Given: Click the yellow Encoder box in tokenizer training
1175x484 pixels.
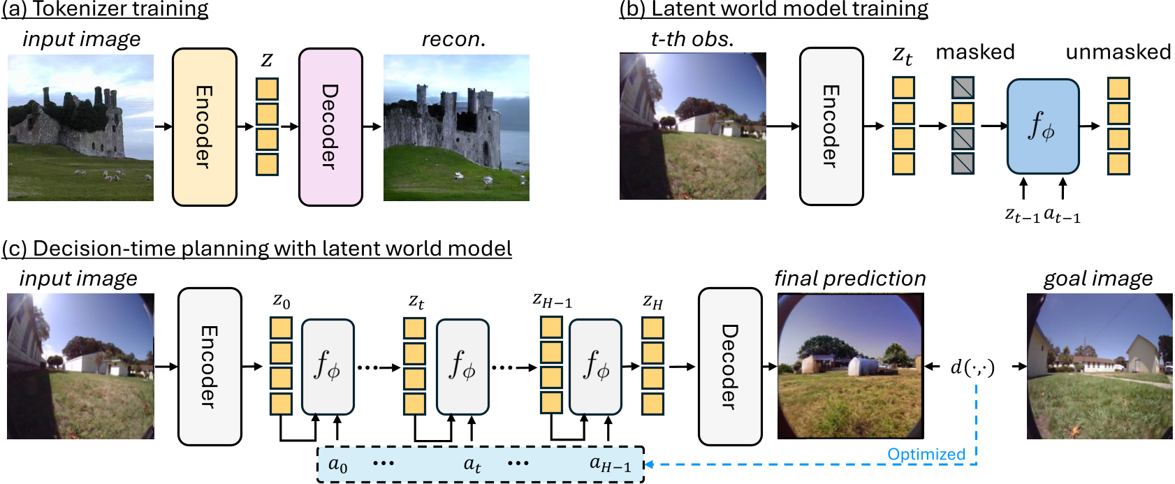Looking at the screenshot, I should click(204, 127).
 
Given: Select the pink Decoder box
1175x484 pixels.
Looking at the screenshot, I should click(330, 127).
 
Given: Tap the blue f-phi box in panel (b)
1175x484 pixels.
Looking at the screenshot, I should click(1042, 126).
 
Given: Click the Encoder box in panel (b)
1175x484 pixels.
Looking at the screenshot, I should click(831, 126).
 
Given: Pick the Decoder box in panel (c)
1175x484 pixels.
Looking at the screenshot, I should click(729, 366).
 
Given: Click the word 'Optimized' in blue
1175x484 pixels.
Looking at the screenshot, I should click(926, 455).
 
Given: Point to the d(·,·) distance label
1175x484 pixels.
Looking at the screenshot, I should click(972, 367).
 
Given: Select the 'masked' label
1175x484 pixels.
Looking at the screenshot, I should click(975, 52).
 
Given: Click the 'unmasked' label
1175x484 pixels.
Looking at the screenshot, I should click(1118, 52).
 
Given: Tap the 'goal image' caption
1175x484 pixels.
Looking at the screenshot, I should click(1097, 279).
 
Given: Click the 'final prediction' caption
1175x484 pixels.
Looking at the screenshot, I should click(849, 279).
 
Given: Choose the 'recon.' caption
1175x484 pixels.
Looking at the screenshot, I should click(453, 40).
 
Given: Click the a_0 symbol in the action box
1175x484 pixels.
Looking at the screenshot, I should click(337, 464).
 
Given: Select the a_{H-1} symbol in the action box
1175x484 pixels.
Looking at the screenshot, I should click(610, 464).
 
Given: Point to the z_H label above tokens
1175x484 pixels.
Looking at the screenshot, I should click(652, 302).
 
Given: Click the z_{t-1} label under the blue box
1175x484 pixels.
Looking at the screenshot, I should click(1021, 216).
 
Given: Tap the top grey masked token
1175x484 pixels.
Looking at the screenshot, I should click(963, 88).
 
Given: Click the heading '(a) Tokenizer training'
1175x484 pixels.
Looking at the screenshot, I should click(105, 9).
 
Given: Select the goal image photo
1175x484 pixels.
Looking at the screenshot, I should click(1099, 366).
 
